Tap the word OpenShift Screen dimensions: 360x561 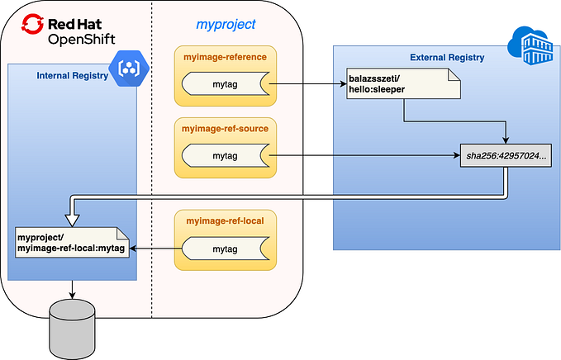pyautogui.click(x=82, y=39)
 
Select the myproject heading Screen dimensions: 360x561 pyautogui.click(x=226, y=25)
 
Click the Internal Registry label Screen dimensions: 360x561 pyautogui.click(x=73, y=76)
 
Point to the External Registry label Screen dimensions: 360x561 pyautogui.click(x=447, y=57)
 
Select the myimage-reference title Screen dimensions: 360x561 pyautogui.click(x=226, y=57)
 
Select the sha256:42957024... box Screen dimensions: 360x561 pyautogui.click(x=506, y=155)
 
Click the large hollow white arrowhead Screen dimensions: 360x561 pyautogui.click(x=72, y=216)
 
